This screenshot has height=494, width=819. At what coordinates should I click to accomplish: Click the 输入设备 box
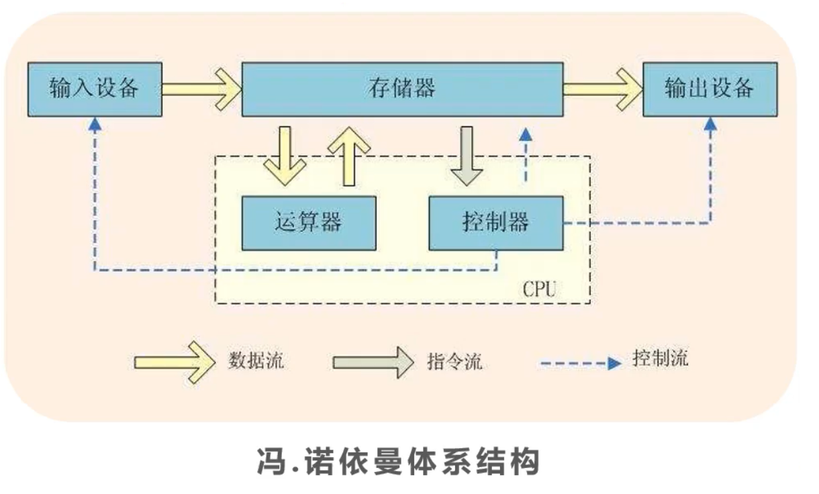point(94,89)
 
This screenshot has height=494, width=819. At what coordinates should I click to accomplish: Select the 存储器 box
point(401,89)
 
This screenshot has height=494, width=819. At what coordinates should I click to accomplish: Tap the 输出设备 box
point(710,89)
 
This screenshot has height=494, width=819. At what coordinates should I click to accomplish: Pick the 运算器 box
point(308,223)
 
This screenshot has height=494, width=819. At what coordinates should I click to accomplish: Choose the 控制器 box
point(495,223)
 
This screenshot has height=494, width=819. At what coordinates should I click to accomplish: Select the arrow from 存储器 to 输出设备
point(603,89)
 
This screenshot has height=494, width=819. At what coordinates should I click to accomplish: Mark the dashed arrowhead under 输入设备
point(95,123)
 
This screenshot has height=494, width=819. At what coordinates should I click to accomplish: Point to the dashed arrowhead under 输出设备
point(710,123)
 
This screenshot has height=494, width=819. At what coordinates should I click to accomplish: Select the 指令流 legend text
point(454,361)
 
